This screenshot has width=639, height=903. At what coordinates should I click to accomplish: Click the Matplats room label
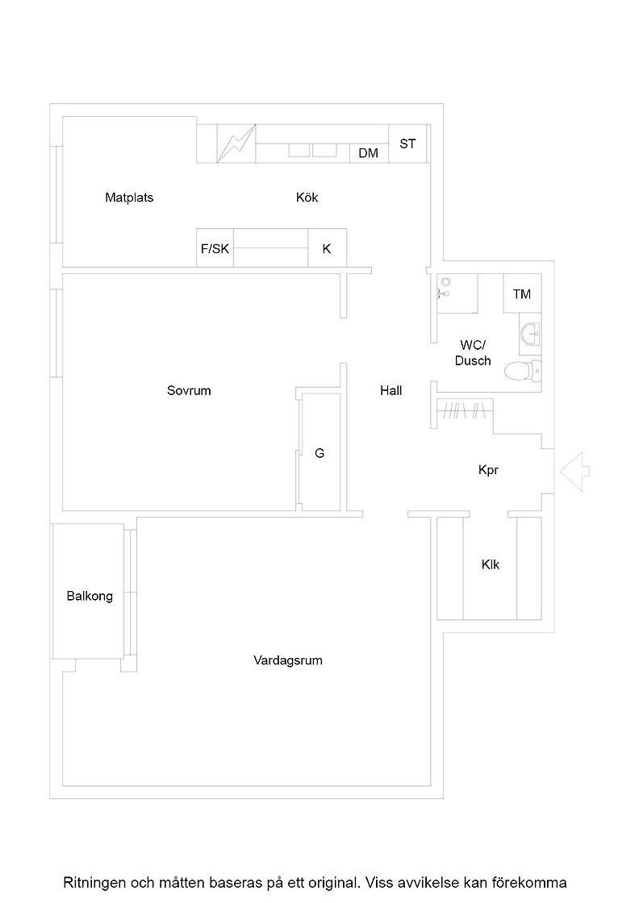(x=129, y=198)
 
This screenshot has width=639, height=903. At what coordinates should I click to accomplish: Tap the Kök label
(x=307, y=198)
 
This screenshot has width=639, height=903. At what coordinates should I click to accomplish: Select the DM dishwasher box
(x=369, y=152)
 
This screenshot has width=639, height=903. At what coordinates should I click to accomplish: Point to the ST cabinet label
(x=407, y=144)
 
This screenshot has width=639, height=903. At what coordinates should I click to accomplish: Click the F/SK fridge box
(x=215, y=248)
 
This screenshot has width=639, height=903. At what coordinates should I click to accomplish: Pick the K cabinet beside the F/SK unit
(x=328, y=248)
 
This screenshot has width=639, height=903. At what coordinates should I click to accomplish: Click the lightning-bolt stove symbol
(x=236, y=144)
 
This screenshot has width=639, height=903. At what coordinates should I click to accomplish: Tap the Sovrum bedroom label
(x=189, y=390)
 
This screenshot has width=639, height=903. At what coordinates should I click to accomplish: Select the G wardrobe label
(x=319, y=453)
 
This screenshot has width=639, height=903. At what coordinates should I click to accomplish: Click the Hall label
(x=390, y=390)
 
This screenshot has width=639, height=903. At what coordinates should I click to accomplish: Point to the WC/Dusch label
(x=473, y=353)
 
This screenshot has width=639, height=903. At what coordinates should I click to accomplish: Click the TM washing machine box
(x=522, y=293)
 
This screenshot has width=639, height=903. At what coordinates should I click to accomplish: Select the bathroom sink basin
(x=531, y=333)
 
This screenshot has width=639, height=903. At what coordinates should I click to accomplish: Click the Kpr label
(x=488, y=470)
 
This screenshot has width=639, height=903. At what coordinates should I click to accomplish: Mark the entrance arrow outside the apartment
(x=574, y=472)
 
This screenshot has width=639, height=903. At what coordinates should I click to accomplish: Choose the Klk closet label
(x=491, y=564)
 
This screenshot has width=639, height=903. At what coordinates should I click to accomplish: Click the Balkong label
(x=90, y=597)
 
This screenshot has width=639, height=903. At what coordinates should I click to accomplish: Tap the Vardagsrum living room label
(x=287, y=660)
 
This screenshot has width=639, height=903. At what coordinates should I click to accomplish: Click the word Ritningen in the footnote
(x=94, y=883)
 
